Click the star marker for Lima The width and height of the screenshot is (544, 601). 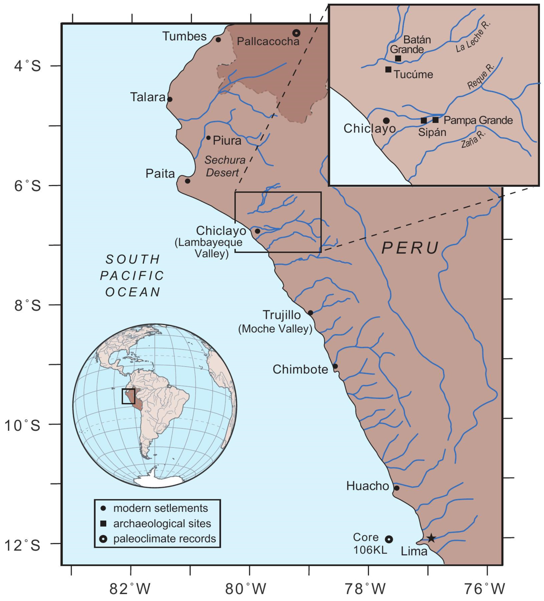431,538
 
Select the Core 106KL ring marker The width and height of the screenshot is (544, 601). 389,539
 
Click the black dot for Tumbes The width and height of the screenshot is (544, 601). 218,40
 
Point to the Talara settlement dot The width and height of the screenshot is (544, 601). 170,99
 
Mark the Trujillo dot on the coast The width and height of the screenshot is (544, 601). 310,313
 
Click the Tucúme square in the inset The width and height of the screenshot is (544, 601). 388,69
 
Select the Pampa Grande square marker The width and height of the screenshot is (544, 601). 436,120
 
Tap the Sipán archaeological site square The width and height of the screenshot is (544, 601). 424,120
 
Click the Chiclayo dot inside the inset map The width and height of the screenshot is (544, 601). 386,121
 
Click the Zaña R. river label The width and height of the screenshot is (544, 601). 473,139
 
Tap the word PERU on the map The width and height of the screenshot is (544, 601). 410,248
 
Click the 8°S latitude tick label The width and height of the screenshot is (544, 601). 27,305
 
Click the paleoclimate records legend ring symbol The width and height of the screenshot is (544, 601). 103,539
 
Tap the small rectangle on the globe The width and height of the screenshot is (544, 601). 128,396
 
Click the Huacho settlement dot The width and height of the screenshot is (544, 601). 396,488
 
